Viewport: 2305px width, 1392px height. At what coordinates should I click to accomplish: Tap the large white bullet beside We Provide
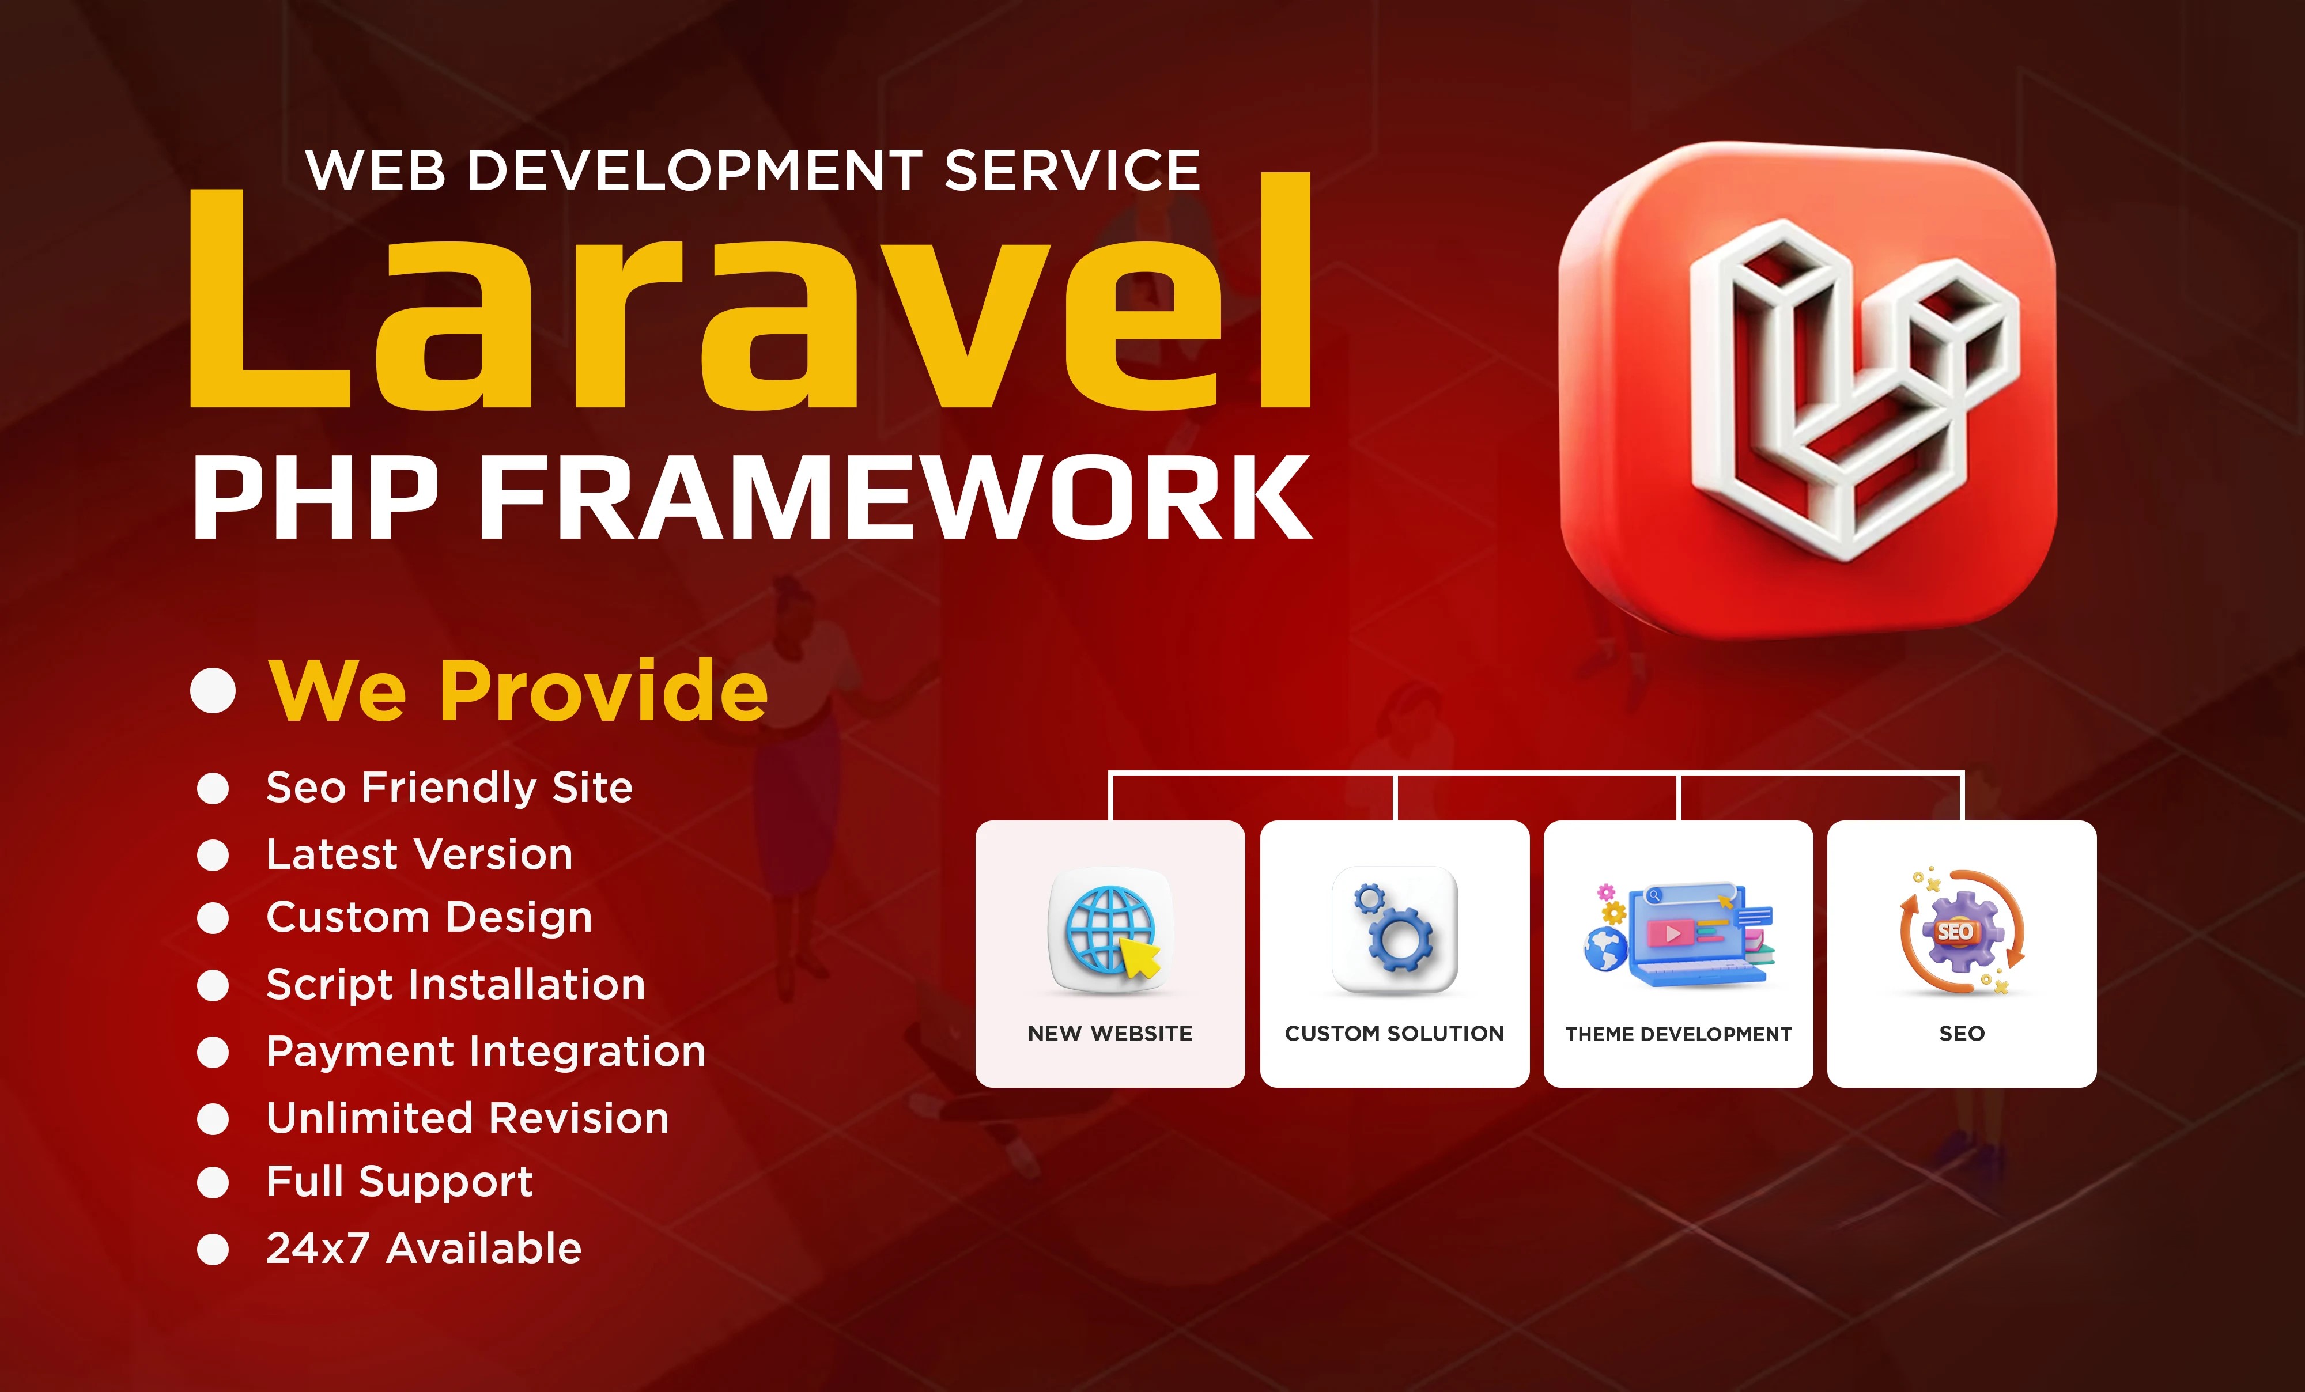[x=213, y=690]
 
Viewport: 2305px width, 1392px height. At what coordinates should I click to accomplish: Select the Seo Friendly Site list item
[x=449, y=788]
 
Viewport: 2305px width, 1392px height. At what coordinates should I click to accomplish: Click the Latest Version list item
[x=419, y=854]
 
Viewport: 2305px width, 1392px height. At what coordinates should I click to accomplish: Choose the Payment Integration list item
[x=486, y=1051]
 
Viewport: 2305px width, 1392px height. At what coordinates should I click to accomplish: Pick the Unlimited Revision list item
[x=468, y=1118]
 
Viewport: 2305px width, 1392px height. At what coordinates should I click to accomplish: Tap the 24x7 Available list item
[x=424, y=1248]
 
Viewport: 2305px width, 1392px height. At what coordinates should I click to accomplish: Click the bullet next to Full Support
[x=213, y=1182]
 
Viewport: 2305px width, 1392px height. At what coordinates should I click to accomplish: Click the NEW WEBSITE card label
[x=1110, y=1034]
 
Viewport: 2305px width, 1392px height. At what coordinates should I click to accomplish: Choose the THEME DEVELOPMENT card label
[x=1678, y=1034]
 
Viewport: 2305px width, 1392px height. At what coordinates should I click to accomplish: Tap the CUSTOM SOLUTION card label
[x=1395, y=1034]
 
